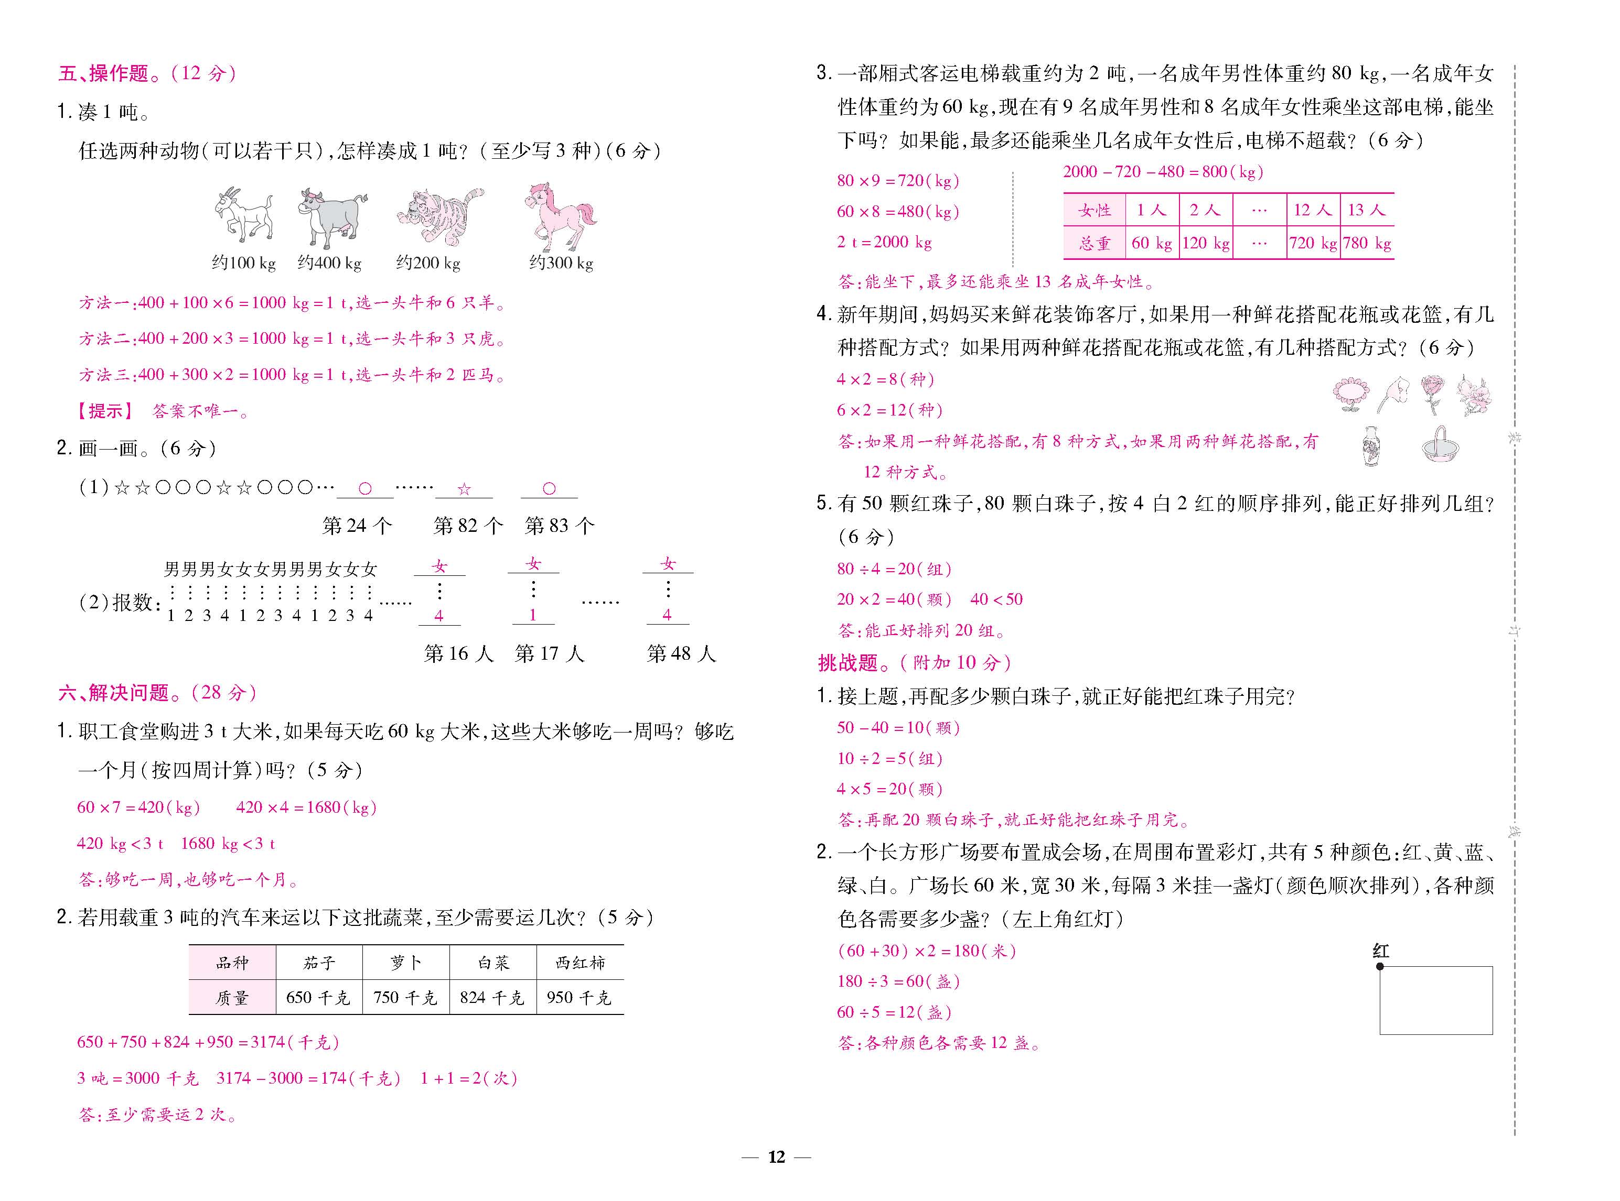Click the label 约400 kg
pyautogui.click(x=329, y=263)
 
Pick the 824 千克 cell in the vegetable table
pyautogui.click(x=492, y=998)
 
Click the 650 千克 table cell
pyautogui.click(x=319, y=998)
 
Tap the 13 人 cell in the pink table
pyautogui.click(x=1366, y=210)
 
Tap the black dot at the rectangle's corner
pyautogui.click(x=1380, y=966)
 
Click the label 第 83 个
pyautogui.click(x=560, y=526)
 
